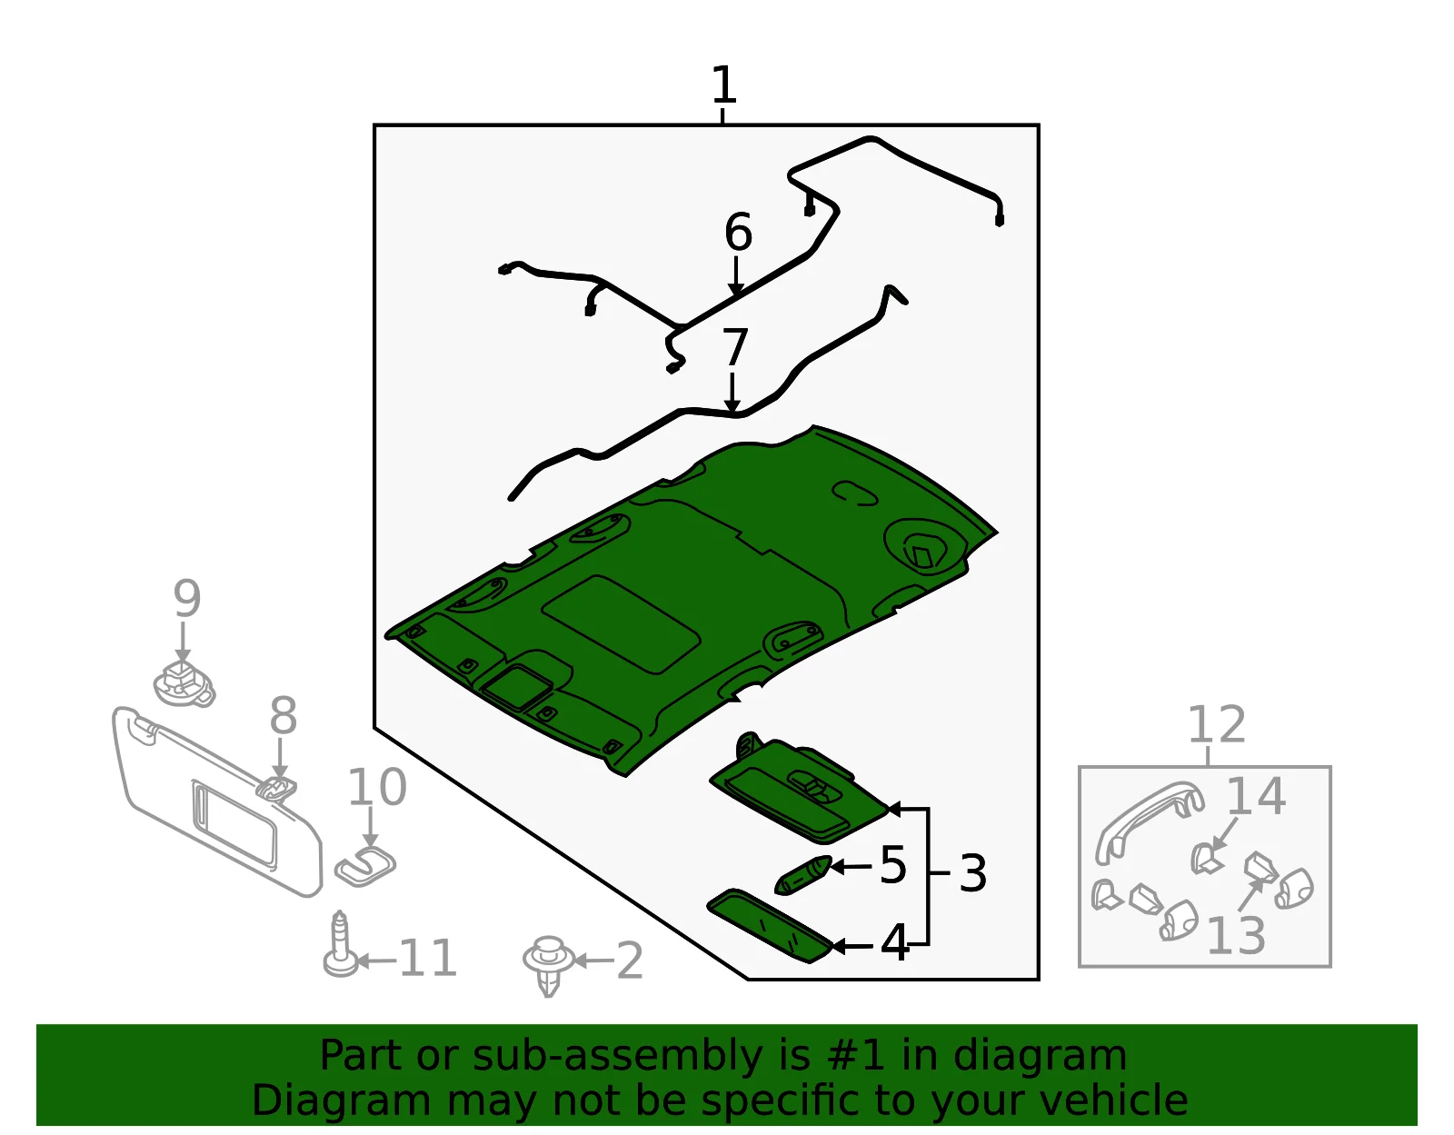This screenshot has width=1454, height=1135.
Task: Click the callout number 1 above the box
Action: (x=724, y=85)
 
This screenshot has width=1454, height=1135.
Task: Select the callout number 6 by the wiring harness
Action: (x=738, y=232)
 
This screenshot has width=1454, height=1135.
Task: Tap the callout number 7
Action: (x=734, y=347)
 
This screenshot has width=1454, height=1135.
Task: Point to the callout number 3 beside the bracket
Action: (x=972, y=872)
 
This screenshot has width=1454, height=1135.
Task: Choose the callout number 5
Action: (x=892, y=865)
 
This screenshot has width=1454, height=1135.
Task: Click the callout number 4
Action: (x=894, y=942)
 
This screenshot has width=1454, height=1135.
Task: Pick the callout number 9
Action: (x=186, y=599)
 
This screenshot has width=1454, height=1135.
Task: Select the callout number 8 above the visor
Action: (x=283, y=715)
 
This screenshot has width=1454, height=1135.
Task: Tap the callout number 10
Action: (x=377, y=787)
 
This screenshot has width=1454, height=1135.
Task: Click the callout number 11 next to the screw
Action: (x=428, y=958)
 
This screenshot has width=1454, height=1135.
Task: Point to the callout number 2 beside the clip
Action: (x=630, y=961)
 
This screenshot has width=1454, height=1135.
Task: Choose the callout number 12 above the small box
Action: (x=1217, y=724)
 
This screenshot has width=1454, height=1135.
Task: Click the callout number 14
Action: (x=1255, y=796)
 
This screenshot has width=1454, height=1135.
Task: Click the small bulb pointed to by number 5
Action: (x=803, y=875)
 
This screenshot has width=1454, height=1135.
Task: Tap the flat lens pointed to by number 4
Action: (x=770, y=926)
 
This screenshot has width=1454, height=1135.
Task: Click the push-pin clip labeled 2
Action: (x=549, y=965)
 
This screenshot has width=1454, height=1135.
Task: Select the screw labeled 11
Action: (x=340, y=944)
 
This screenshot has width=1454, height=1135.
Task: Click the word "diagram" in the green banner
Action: (x=1040, y=1055)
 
